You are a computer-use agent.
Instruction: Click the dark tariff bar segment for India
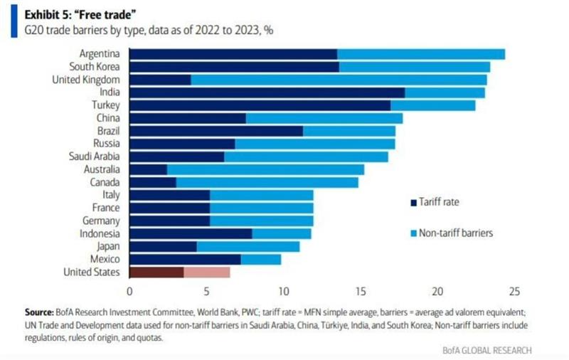267,92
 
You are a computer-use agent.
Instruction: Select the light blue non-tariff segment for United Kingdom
339,80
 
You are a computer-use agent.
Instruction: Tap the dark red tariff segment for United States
156,272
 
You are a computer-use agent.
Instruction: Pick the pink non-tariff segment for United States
207,272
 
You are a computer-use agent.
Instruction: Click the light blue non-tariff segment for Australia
265,169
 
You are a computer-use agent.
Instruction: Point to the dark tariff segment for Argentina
233,54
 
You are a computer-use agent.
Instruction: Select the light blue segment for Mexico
261,259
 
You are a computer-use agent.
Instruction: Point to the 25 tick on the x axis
515,291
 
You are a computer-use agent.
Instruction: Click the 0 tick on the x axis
129,291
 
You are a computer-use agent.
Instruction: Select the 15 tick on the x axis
361,291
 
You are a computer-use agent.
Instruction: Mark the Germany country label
100,221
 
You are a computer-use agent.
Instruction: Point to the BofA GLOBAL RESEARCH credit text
490,349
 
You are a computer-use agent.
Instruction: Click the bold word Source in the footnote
40,312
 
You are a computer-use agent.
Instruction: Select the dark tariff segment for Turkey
260,105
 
